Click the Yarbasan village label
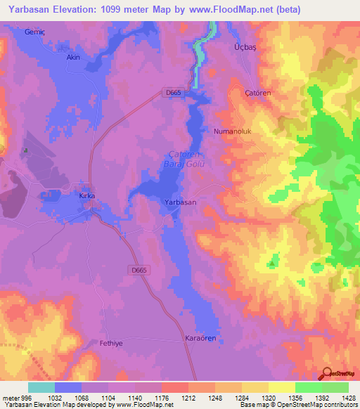click(179, 202)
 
